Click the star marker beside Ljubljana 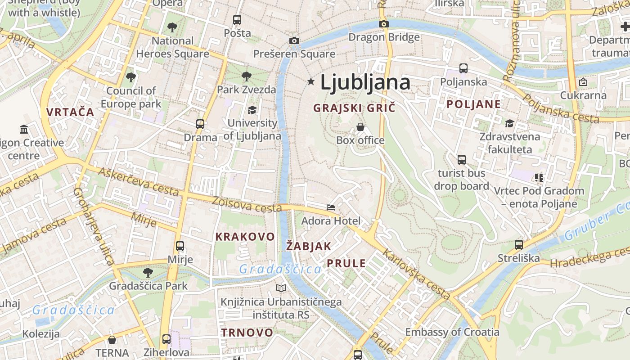click(x=310, y=81)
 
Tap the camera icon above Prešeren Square click(x=294, y=41)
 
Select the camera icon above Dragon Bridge click(x=384, y=24)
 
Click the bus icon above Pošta click(x=237, y=20)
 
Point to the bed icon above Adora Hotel click(x=331, y=207)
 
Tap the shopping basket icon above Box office click(x=360, y=127)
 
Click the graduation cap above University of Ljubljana click(x=252, y=110)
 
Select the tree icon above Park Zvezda click(x=246, y=76)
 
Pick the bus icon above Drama click(x=200, y=124)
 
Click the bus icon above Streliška click(x=519, y=245)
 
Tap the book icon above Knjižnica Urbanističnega click(x=281, y=288)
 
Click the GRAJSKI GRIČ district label click(x=354, y=108)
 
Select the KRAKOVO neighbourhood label click(x=245, y=237)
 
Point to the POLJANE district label click(x=473, y=104)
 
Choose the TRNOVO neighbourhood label click(x=247, y=333)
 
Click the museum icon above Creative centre click(x=24, y=130)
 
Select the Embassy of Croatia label click(x=452, y=332)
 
